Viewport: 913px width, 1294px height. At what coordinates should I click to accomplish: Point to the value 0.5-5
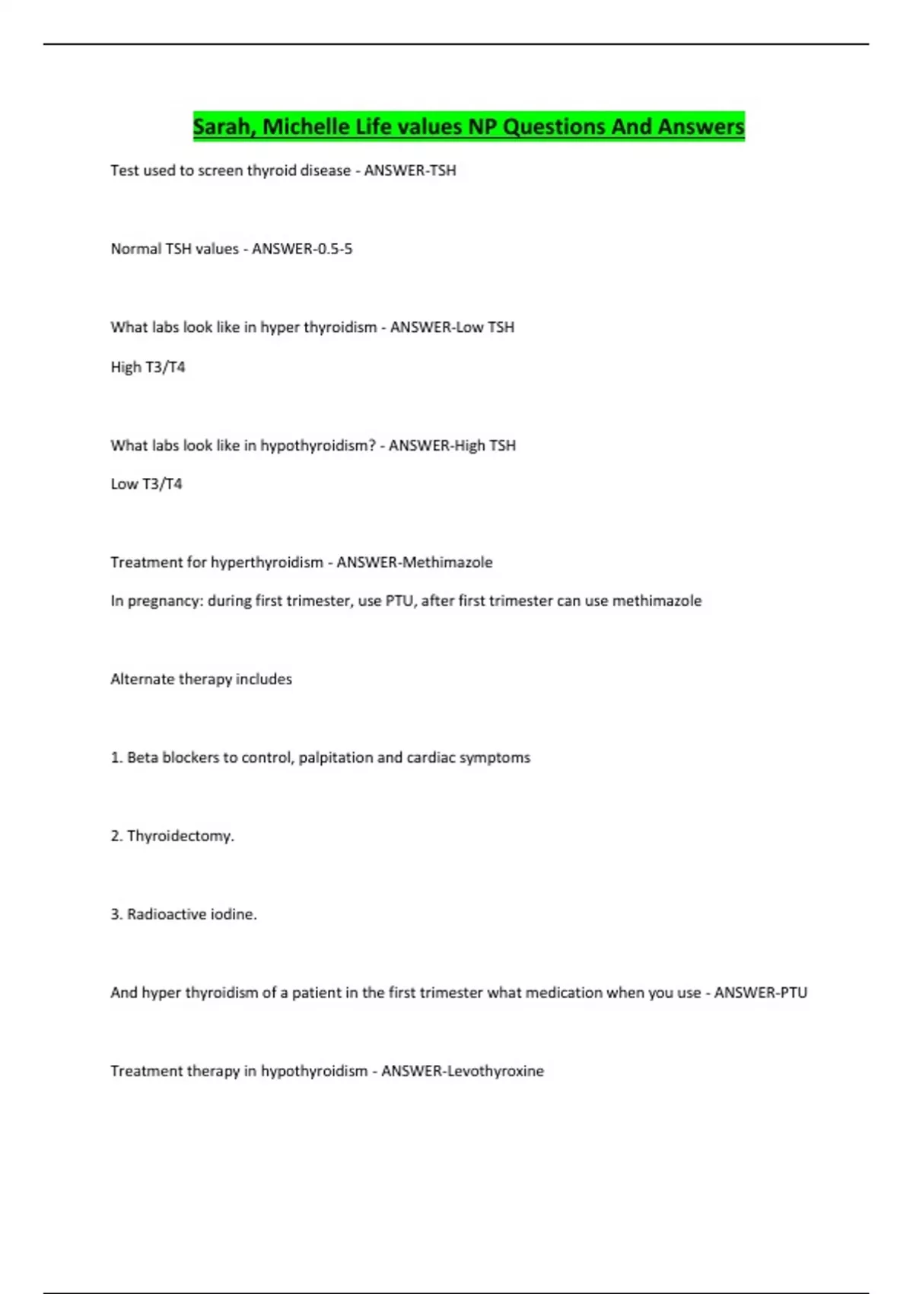329,249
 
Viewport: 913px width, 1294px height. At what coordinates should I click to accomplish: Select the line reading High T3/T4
148,367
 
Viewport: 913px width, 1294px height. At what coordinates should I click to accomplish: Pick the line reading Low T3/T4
146,484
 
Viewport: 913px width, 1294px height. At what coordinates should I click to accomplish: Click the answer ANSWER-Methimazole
415,563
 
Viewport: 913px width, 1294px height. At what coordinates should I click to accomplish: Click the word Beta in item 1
142,757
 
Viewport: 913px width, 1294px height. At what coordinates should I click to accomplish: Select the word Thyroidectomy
180,836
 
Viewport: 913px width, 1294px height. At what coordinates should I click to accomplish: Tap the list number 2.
116,836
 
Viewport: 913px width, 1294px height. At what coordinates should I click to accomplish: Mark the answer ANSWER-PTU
760,993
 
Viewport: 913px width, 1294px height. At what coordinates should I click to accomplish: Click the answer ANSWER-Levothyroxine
462,1071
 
